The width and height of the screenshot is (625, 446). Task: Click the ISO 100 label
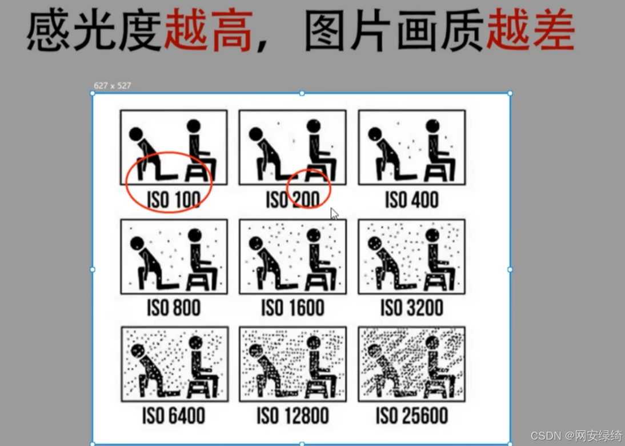174,200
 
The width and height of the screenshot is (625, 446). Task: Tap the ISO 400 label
412,200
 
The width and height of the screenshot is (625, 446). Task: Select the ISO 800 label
174,308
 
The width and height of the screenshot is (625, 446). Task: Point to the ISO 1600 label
293,308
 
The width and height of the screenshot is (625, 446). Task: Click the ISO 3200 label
412,308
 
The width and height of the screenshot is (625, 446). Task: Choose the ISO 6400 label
174,415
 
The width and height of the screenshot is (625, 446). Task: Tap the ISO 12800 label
293,415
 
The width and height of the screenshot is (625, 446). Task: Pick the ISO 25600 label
412,415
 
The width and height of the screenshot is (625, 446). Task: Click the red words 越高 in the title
209,31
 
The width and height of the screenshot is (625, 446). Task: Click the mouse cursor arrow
334,213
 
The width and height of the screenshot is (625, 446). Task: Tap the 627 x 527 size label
113,85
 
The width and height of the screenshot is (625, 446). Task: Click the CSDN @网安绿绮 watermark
577,435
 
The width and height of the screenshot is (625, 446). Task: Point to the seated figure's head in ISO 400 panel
432,126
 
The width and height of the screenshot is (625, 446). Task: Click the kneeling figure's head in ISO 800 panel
137,243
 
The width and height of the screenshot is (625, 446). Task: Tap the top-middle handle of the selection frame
302,93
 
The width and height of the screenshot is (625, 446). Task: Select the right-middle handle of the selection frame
510,270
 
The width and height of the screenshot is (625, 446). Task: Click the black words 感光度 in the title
94,31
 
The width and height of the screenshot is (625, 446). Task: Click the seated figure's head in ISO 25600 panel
432,343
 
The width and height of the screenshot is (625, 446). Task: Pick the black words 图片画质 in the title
394,31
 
